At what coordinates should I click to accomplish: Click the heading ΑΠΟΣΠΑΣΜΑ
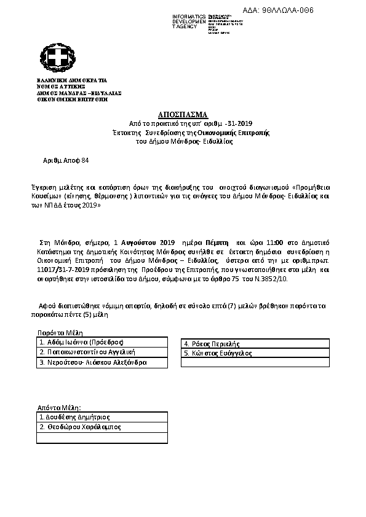pos(184,115)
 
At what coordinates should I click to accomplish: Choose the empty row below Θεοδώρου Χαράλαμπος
pos(102,438)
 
